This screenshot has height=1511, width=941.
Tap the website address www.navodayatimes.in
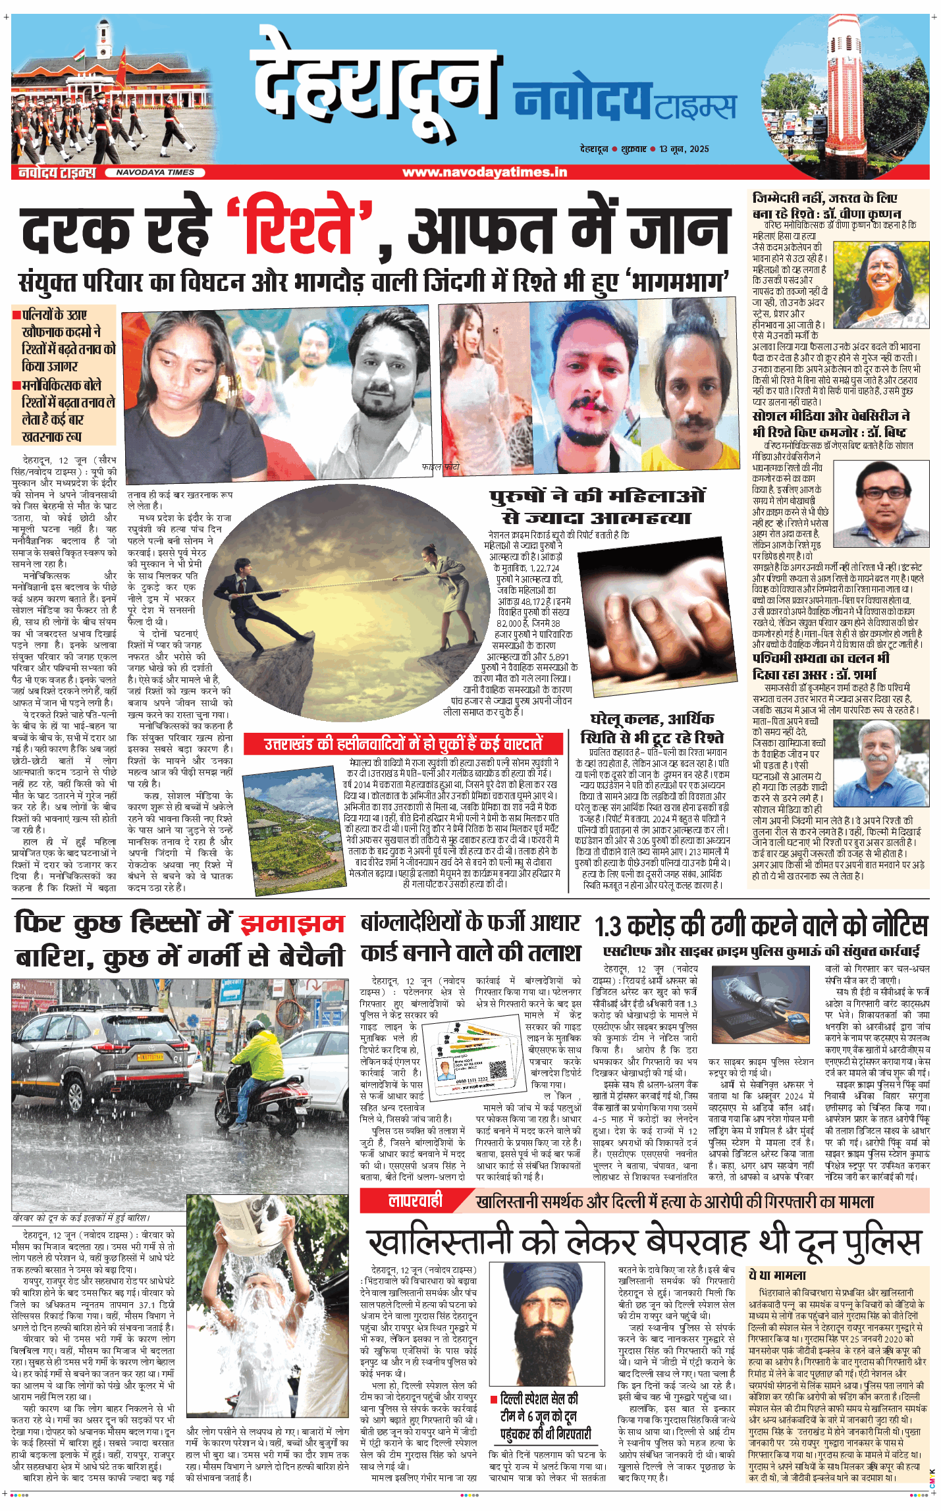pos(484,172)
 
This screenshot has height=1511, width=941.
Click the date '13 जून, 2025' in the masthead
pos(684,149)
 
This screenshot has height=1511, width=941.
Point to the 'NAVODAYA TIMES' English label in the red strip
pos(155,172)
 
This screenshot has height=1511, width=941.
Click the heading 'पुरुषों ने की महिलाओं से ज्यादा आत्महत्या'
pos(597,506)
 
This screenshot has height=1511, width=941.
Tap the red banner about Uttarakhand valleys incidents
pos(403,743)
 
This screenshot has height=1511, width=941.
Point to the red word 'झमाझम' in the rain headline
pos(292,923)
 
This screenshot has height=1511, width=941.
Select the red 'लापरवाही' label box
pos(416,1201)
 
